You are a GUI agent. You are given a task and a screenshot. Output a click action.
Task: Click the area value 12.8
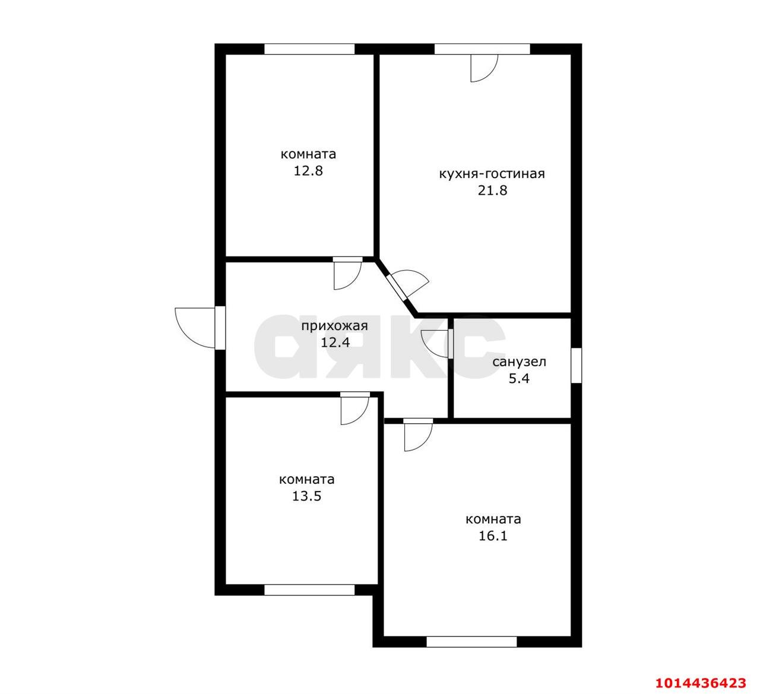click(308, 171)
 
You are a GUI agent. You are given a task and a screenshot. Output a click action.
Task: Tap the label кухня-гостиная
click(492, 175)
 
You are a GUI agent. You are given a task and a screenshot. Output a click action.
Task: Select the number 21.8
click(492, 190)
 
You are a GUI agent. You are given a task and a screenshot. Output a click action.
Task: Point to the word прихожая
click(334, 326)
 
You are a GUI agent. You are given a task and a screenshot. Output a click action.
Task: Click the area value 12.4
click(335, 343)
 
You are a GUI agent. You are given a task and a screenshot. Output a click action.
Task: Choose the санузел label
click(519, 362)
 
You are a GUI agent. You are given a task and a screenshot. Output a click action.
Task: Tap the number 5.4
click(519, 378)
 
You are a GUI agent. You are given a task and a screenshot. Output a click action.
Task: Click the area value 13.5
click(306, 496)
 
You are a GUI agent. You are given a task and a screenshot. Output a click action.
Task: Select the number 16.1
click(493, 535)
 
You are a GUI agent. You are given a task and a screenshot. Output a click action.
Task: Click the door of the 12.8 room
click(347, 273)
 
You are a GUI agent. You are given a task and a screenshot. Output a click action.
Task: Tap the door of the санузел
click(436, 343)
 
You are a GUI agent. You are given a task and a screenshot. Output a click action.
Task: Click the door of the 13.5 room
click(354, 408)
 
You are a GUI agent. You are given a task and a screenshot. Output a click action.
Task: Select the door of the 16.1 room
click(418, 435)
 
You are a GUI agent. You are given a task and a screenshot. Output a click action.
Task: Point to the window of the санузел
click(576, 365)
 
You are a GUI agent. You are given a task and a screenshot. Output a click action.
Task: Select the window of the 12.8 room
click(309, 49)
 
